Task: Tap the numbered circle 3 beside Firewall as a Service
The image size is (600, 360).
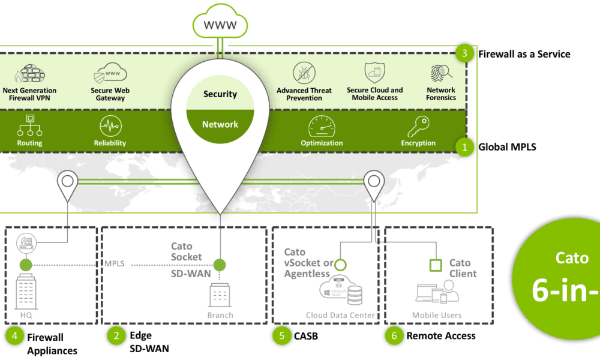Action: pos(464,54)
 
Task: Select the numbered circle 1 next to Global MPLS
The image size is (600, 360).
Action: pos(464,146)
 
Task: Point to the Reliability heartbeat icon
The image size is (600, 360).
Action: pos(110,127)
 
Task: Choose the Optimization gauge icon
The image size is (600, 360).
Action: pos(322,127)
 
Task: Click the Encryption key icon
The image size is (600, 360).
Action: pos(418,127)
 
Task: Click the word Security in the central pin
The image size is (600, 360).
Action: pos(220,94)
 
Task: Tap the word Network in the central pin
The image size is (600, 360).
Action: pos(220,124)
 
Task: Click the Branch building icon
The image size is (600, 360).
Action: pos(220,296)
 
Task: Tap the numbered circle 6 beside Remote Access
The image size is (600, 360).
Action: pos(394,336)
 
